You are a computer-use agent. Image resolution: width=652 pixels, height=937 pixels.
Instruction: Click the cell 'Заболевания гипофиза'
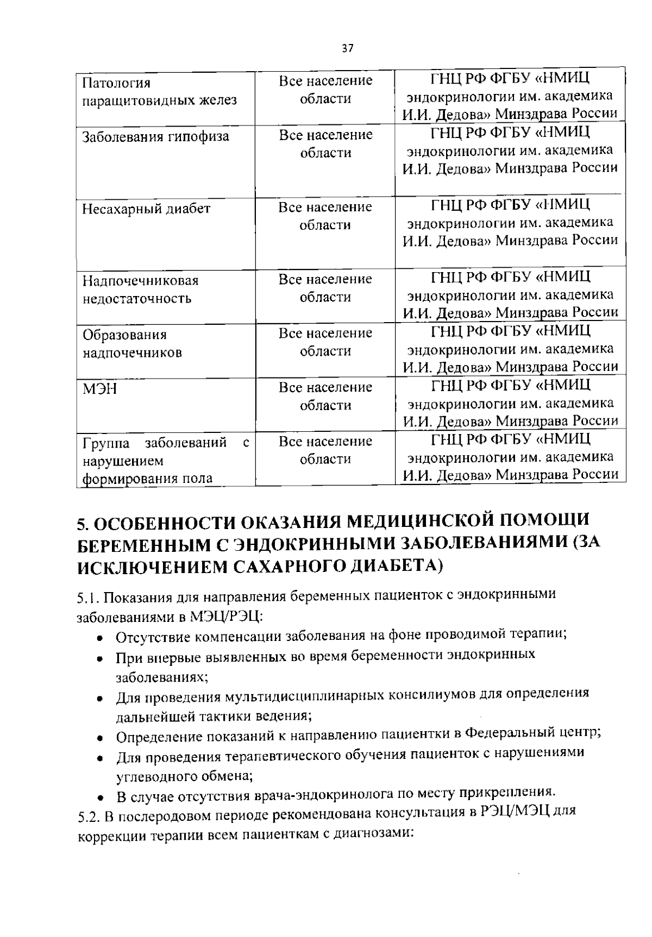(155, 137)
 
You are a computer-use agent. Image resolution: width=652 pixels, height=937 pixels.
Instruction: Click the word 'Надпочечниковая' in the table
(140, 281)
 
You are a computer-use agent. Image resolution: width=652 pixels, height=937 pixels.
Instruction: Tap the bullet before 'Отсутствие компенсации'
(100, 638)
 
